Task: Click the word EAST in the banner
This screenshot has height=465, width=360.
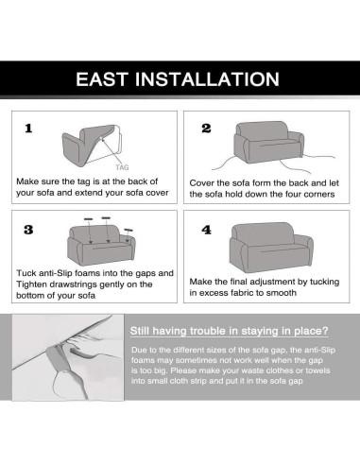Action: tap(103, 79)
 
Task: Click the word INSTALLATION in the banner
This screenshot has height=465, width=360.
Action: tap(207, 79)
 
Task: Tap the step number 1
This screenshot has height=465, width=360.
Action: tap(28, 129)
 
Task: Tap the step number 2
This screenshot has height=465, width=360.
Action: tap(206, 129)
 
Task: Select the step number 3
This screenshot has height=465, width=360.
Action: tap(28, 230)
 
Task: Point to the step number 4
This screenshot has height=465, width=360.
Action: tap(207, 230)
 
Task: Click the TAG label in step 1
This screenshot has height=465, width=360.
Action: tap(122, 167)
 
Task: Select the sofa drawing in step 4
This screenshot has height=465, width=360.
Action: tap(271, 247)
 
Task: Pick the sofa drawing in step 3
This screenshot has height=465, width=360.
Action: tap(101, 245)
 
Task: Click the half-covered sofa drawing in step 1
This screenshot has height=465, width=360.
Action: tap(92, 146)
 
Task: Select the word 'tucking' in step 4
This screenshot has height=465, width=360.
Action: tap(324, 282)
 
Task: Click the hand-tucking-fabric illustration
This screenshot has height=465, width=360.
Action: tap(68, 357)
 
